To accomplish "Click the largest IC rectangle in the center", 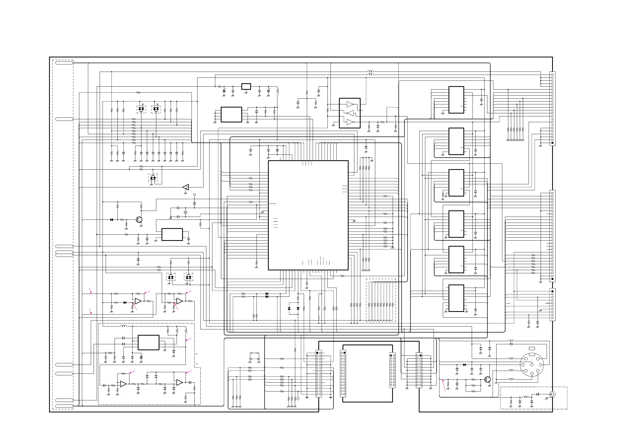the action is [x=308, y=215].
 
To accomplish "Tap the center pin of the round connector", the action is [x=532, y=364].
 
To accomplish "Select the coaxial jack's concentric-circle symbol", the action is [x=553, y=394].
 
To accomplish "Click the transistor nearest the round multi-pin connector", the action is [x=488, y=379].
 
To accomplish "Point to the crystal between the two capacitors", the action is [x=186, y=212].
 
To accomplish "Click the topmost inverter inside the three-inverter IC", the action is [x=350, y=104].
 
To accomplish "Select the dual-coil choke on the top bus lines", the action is [x=370, y=73].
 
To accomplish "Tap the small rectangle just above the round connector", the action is [x=532, y=348].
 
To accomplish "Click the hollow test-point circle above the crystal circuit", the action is [x=194, y=195].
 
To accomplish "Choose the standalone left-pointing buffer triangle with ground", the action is [x=186, y=187].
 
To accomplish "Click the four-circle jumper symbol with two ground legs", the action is [x=254, y=356].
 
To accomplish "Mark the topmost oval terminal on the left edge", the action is [x=64, y=63].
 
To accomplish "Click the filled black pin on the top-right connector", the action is [x=552, y=143].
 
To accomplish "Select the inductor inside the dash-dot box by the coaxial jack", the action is [x=526, y=397].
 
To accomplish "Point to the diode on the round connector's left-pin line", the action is [x=464, y=365].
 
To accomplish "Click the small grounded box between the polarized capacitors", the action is [x=246, y=87].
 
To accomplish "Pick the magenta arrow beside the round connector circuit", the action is [x=444, y=385].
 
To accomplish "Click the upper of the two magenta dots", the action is [x=197, y=354].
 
